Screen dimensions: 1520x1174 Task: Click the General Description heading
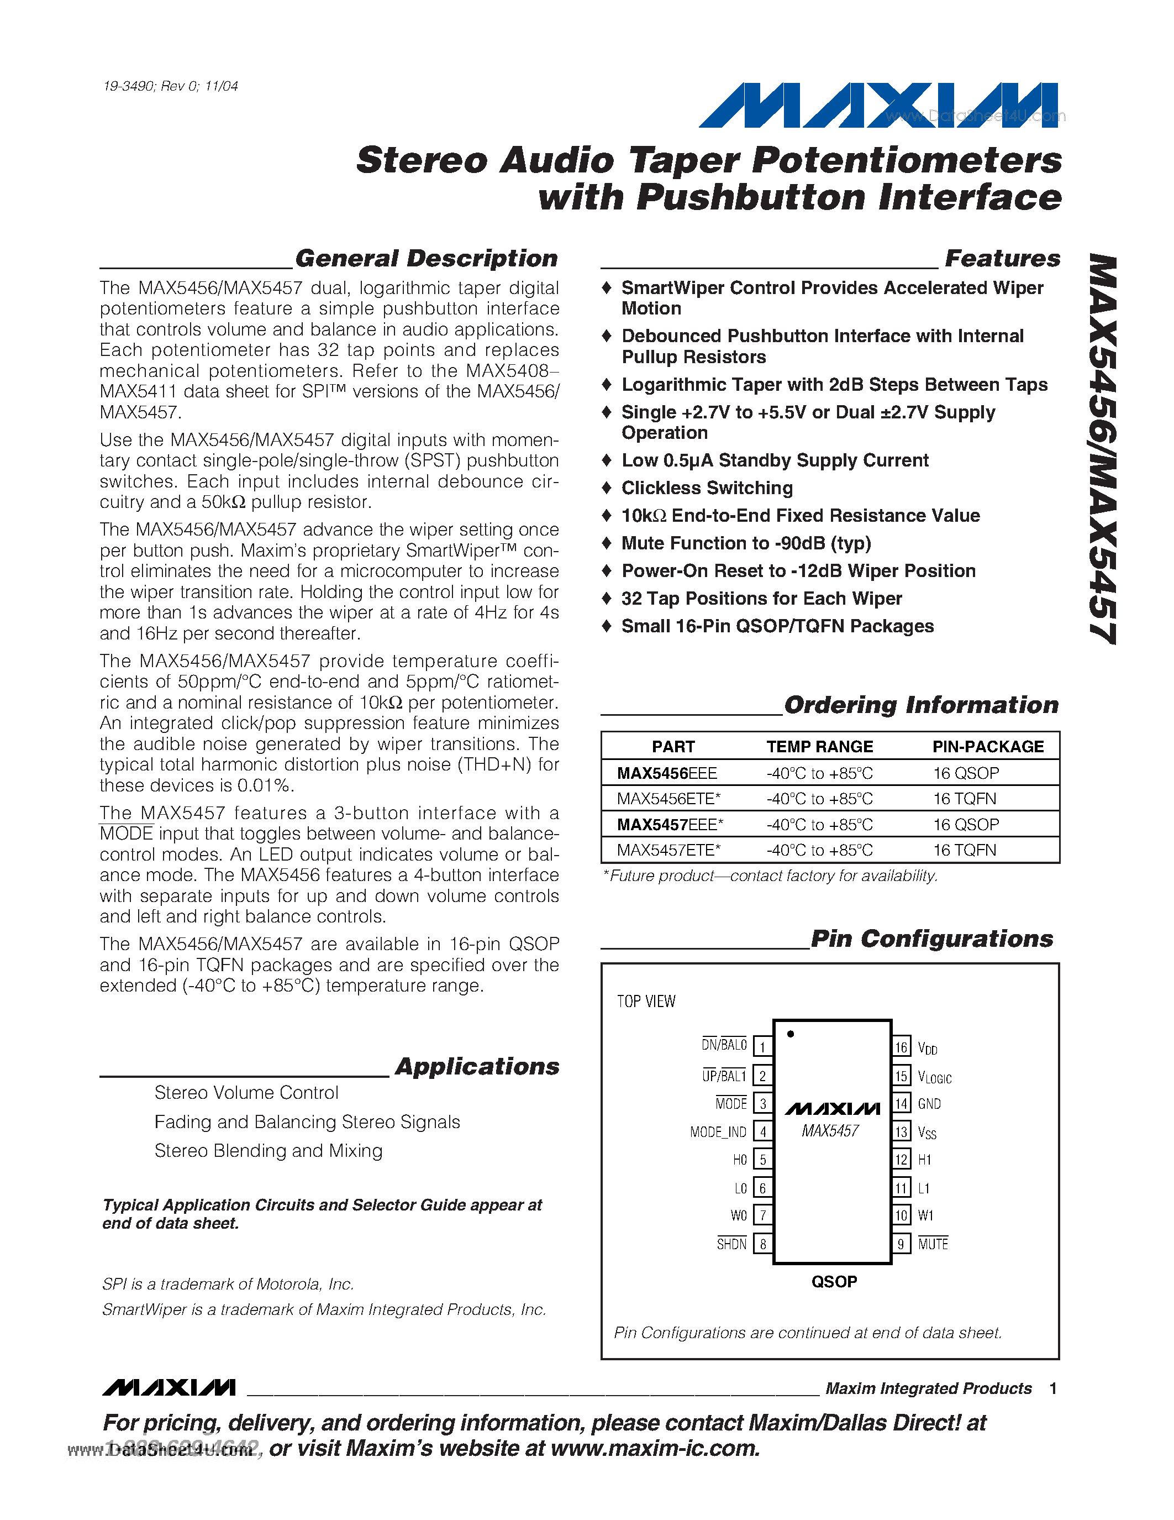427,258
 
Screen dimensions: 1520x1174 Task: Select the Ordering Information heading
921,705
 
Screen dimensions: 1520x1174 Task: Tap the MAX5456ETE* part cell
668,798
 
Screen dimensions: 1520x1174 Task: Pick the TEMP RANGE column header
819,747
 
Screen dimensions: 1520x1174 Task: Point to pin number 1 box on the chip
763,1047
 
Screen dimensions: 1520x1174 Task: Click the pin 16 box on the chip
902,1047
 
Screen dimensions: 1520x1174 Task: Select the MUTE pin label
933,1244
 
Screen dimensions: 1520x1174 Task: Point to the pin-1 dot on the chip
791,1034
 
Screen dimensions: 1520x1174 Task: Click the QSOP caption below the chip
834,1281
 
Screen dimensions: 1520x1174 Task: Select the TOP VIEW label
646,1002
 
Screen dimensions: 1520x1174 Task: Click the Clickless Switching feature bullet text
707,488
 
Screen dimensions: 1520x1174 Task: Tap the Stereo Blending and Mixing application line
269,1150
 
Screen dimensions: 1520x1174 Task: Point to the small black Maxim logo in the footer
169,1388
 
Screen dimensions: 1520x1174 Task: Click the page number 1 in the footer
1053,1388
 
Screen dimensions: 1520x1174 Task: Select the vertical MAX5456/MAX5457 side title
1103,449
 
